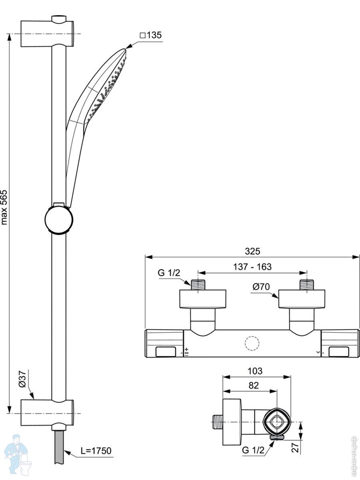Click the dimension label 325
(x=252, y=251)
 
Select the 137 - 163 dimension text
(x=252, y=267)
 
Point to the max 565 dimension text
(x=4, y=207)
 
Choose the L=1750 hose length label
(x=96, y=451)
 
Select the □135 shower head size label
(x=151, y=35)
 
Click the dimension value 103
(x=255, y=371)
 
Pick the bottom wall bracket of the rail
(x=47, y=413)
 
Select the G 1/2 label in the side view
(x=253, y=450)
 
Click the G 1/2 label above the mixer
(x=169, y=273)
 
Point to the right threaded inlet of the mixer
(x=307, y=284)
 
